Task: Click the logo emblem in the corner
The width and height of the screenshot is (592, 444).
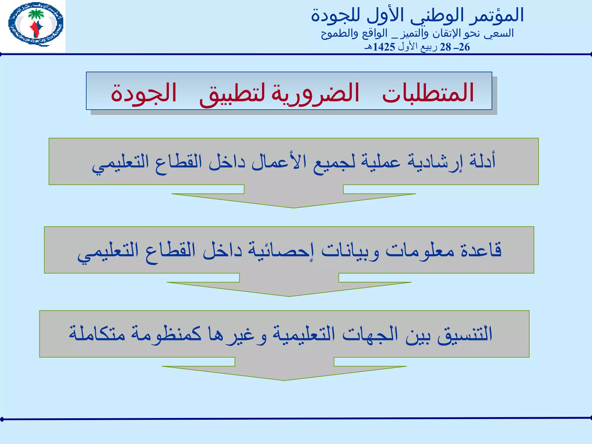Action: tap(36, 24)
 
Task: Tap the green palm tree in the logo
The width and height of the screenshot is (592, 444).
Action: tap(36, 14)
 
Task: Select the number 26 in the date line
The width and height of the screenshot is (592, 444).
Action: tap(464, 47)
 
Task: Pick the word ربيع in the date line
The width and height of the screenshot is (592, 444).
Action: tap(429, 47)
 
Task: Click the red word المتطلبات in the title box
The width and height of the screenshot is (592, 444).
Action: tap(428, 92)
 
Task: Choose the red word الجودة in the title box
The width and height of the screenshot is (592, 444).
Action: tap(144, 92)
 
